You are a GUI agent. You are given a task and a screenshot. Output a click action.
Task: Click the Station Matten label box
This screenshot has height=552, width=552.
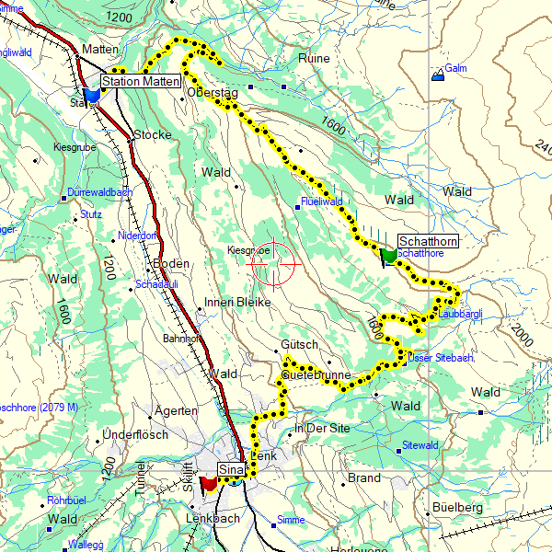click(139, 82)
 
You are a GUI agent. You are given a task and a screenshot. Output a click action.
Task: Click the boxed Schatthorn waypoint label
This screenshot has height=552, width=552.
click(426, 241)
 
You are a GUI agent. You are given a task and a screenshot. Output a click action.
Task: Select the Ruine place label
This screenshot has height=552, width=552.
click(314, 58)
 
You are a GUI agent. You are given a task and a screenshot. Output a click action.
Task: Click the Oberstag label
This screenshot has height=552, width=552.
click(212, 92)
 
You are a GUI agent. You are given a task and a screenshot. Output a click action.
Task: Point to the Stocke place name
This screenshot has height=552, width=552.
click(153, 134)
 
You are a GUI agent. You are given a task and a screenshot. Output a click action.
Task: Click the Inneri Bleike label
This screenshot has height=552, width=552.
click(237, 302)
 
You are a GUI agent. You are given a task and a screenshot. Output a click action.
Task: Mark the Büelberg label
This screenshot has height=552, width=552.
click(456, 507)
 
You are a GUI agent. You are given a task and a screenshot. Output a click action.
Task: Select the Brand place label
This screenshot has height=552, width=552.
click(364, 478)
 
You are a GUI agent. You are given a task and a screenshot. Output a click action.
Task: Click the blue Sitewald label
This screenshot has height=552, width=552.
click(420, 445)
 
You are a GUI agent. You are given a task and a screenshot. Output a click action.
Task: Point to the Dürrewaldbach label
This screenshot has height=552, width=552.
click(99, 193)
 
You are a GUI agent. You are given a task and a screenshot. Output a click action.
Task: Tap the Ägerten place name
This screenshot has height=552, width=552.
click(178, 410)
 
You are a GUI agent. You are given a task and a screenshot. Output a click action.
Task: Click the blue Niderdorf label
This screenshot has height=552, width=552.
click(136, 235)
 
